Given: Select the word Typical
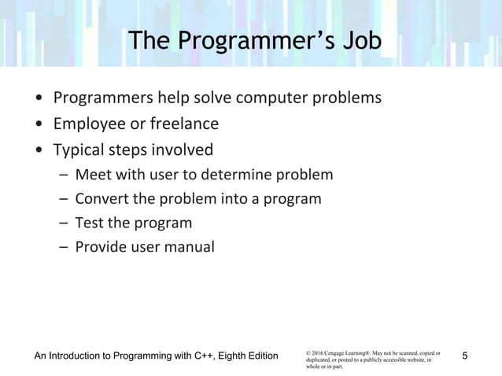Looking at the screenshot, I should (77, 149).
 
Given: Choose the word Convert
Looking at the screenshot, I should (102, 198).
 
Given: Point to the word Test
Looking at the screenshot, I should (89, 223).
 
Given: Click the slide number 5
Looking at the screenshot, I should (465, 356).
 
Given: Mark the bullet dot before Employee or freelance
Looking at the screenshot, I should (39, 124).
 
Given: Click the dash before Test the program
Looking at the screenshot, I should (62, 223).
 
